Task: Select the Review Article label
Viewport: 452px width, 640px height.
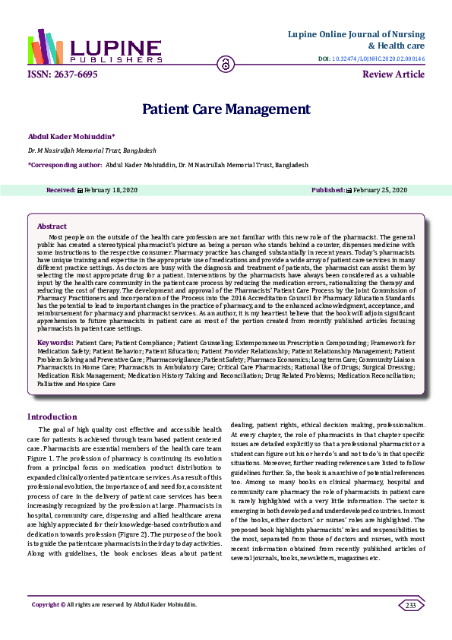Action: point(394,74)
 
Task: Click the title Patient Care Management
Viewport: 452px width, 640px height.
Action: point(226,109)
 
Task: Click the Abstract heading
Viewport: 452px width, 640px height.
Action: point(52,226)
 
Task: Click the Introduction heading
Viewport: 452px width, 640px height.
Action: point(52,417)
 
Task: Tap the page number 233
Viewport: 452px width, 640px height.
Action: point(411,605)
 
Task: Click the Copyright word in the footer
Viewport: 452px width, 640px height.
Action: point(43,605)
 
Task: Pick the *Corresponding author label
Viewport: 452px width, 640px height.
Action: point(65,164)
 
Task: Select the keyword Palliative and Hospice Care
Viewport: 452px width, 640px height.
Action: point(77,384)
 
